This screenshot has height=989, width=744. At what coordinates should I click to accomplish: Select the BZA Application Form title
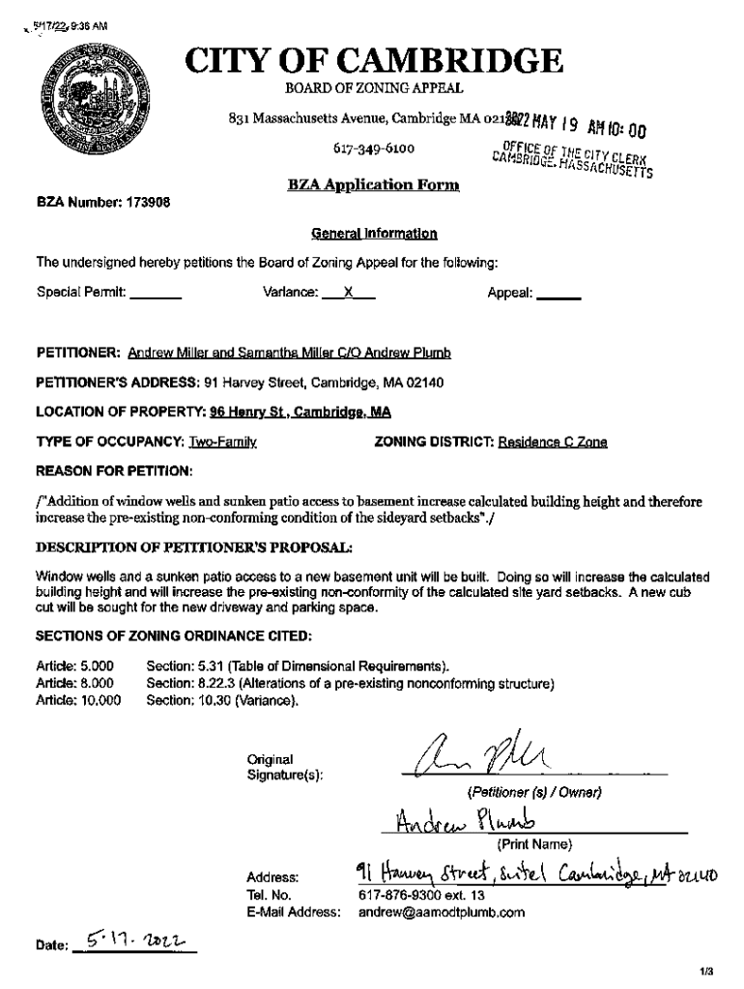pos(373,184)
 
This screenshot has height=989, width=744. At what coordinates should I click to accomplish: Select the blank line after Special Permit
pos(156,292)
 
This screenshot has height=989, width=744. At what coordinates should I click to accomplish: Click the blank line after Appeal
pos(558,292)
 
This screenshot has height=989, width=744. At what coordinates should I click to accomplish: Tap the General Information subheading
pos(373,234)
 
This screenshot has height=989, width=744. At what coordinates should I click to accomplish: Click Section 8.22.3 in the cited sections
pos(349,684)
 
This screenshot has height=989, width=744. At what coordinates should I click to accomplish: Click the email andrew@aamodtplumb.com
pos(441,912)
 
